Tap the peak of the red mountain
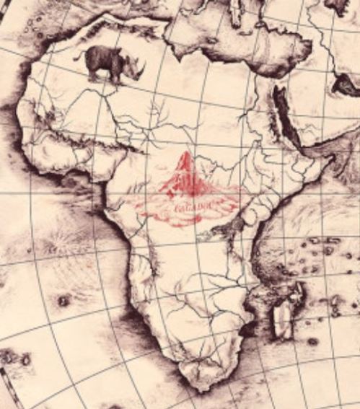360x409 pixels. [x=186, y=154]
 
